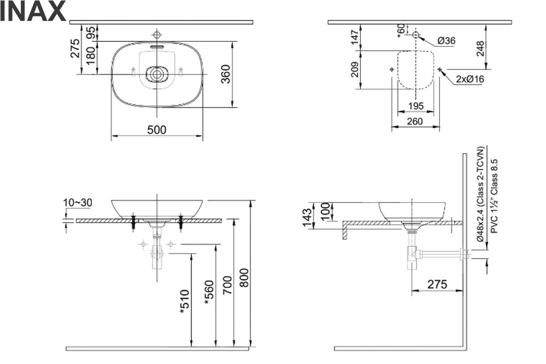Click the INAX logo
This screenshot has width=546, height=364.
(x=33, y=12)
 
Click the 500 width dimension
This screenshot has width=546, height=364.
(x=157, y=130)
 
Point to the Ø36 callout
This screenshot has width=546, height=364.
(x=446, y=41)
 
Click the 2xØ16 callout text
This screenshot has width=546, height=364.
(x=470, y=79)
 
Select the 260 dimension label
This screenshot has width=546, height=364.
(x=415, y=121)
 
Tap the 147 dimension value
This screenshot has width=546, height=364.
(x=355, y=36)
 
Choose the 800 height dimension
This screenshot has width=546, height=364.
(x=244, y=278)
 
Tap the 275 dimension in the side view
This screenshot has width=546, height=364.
(x=437, y=284)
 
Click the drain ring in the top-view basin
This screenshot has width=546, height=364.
(x=157, y=74)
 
